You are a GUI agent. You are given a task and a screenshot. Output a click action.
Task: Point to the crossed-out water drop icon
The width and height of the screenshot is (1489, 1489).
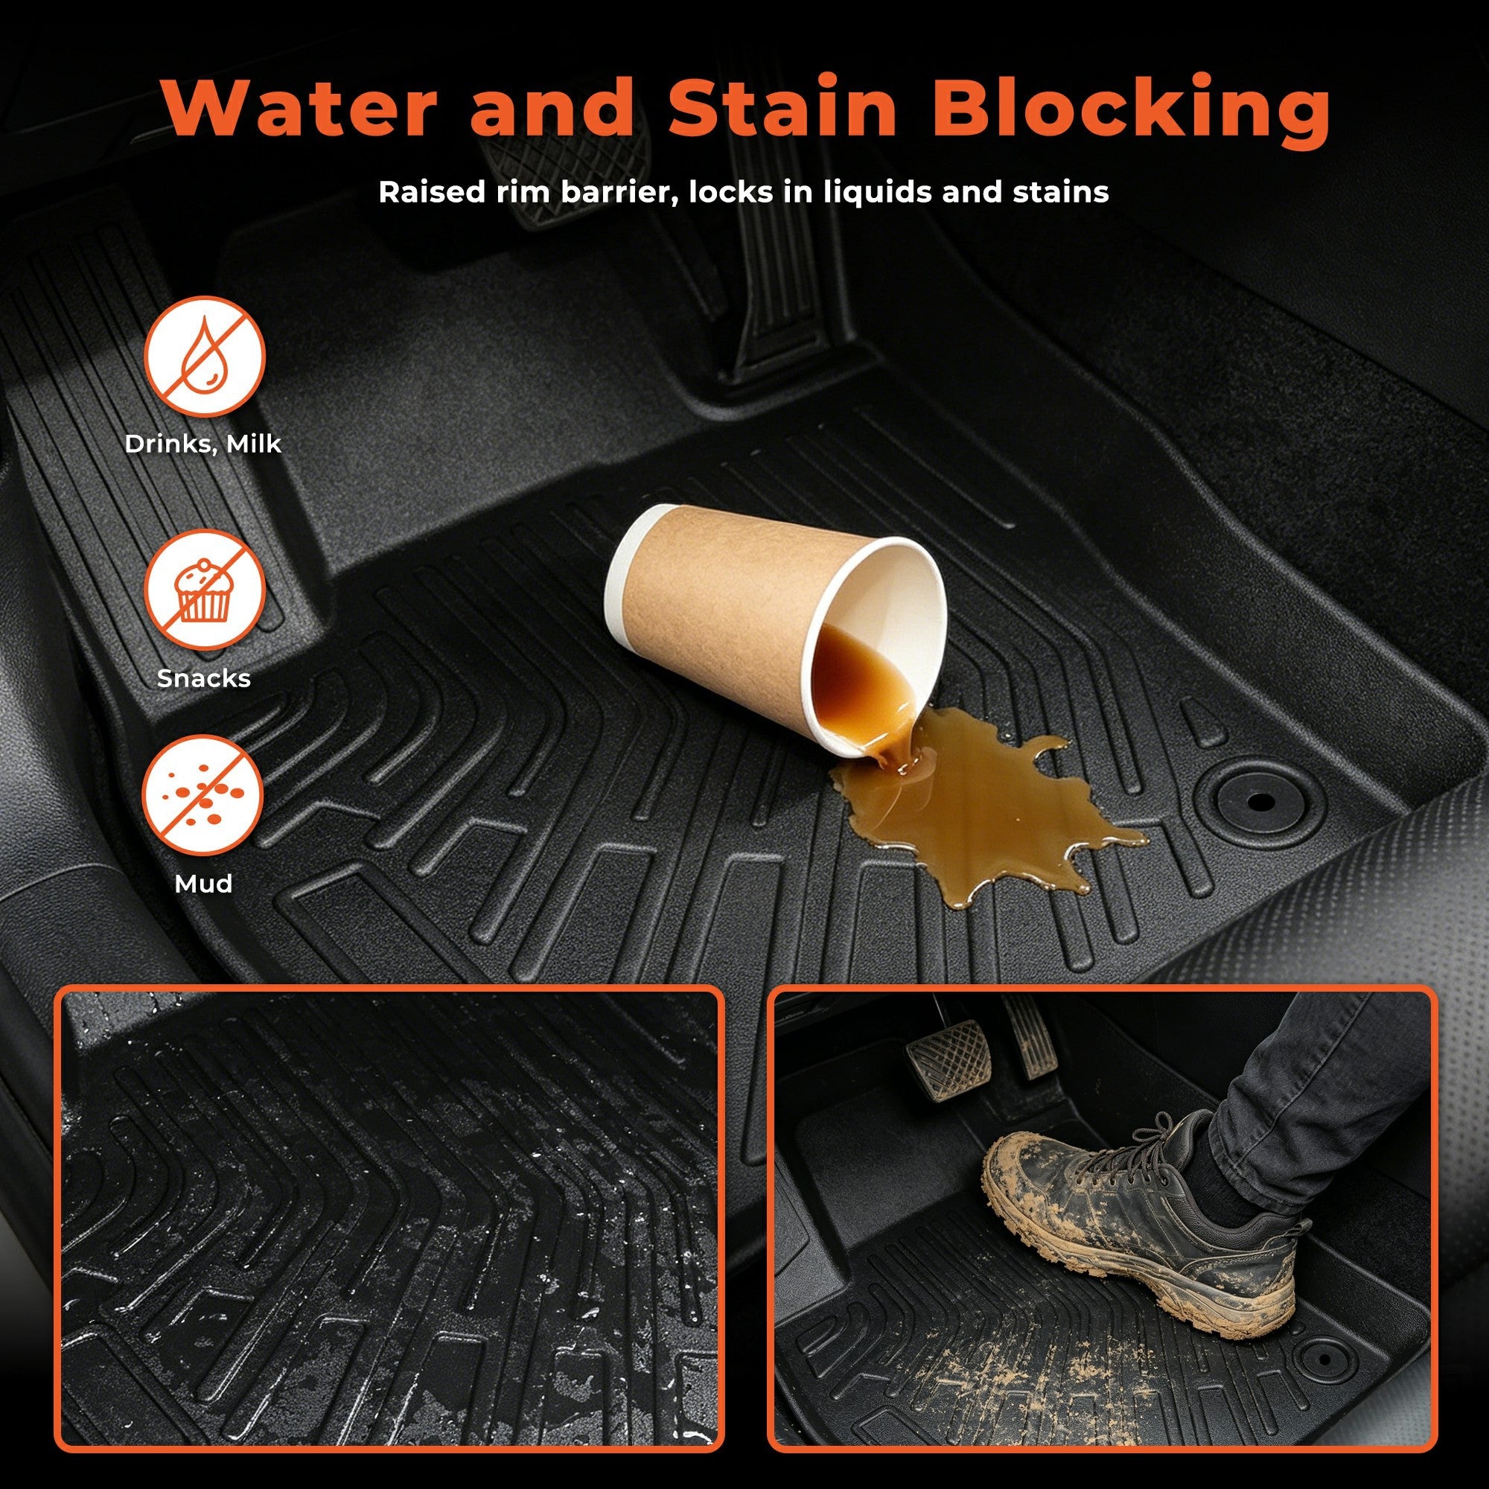pos(205,357)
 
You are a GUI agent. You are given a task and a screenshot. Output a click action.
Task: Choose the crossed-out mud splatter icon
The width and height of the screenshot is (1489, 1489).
pos(204,795)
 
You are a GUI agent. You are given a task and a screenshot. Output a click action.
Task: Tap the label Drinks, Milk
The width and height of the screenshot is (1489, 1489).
pos(203,444)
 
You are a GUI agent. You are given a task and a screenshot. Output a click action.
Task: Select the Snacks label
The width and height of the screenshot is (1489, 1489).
pos(204,678)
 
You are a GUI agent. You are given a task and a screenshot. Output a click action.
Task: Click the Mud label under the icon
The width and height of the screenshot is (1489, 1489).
pos(204,883)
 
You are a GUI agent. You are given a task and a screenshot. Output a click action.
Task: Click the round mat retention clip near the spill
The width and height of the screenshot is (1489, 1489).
pos(1260,802)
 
